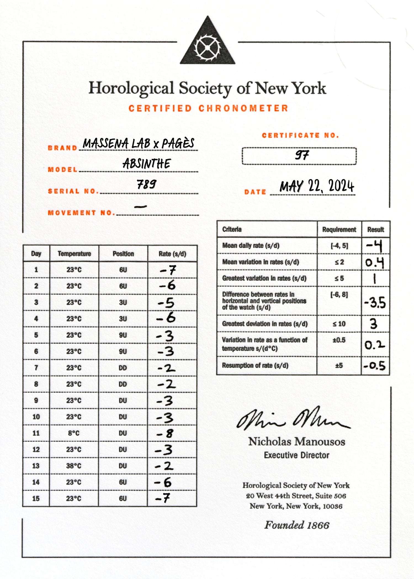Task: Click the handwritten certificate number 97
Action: [x=302, y=155]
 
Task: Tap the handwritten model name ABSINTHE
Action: [x=147, y=164]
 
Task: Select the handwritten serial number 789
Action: [x=147, y=184]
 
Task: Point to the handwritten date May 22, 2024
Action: [x=317, y=186]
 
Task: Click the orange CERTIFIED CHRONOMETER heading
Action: [x=208, y=108]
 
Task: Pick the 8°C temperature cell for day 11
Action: [x=74, y=433]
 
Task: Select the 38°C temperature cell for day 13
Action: [x=74, y=466]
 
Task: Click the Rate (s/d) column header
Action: [x=172, y=254]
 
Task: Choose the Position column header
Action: [x=123, y=254]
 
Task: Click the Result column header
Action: [x=375, y=230]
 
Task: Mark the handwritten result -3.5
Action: [x=375, y=303]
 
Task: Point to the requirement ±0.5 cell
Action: [x=339, y=340]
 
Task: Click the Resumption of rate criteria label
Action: [x=255, y=365]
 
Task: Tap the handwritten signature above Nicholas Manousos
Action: [x=293, y=419]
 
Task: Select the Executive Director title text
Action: [x=296, y=455]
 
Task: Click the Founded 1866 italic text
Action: [x=297, y=525]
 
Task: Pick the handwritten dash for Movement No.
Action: [x=140, y=206]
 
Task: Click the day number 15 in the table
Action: [x=36, y=499]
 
